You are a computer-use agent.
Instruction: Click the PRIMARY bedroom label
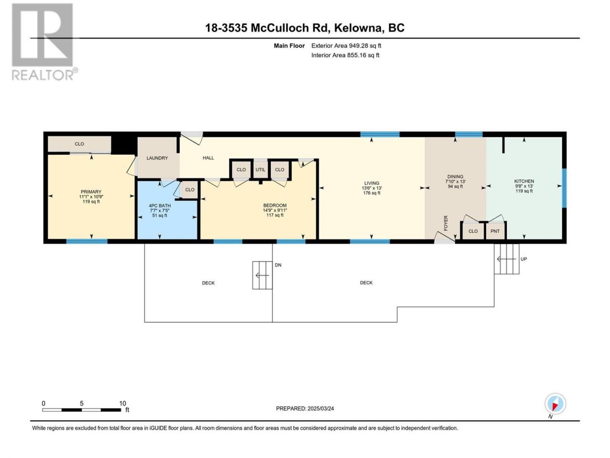91,192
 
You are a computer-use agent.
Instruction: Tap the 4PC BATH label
160,206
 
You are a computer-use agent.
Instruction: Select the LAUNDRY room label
157,158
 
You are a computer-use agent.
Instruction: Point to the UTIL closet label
260,170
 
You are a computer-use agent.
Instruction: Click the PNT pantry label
495,231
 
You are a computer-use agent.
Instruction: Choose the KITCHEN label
524,181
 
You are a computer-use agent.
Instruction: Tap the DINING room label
455,177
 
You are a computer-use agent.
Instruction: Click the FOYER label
446,223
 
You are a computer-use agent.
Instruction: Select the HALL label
208,158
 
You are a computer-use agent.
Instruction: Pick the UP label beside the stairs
524,259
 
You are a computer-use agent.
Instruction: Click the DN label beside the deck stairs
278,265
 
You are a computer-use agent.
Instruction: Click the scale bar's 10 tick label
122,404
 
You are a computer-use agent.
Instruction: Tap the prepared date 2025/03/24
320,408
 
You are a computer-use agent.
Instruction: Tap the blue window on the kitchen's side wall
564,188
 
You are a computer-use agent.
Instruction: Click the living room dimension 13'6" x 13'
372,188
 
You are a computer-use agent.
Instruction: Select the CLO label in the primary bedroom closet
79,144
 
